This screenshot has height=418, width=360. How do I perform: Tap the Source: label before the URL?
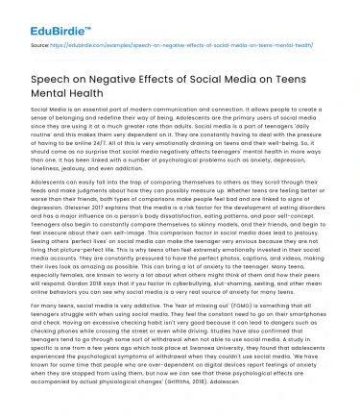pyautogui.click(x=40, y=43)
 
